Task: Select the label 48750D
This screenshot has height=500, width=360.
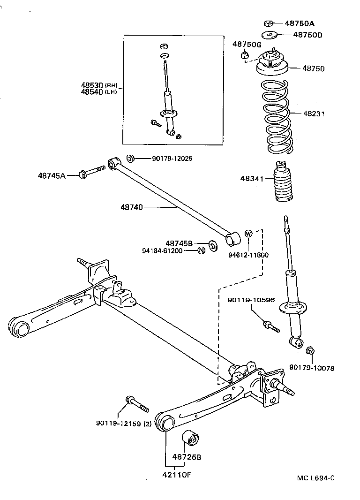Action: point(308,35)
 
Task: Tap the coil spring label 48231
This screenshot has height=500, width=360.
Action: point(314,114)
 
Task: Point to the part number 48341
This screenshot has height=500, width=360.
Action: point(252,179)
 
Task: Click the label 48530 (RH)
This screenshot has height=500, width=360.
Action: point(99,85)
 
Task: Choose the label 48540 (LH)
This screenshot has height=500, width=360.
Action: point(99,92)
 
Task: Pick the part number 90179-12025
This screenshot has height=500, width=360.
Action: point(172,159)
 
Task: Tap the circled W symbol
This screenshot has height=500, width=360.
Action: point(248,234)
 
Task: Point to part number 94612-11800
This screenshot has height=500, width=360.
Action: point(248,255)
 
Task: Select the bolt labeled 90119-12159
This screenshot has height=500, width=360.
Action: point(136,403)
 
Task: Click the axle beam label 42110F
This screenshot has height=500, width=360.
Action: point(176,474)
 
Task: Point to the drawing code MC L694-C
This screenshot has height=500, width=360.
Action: point(316,478)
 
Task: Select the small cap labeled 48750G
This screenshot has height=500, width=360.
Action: point(244,56)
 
